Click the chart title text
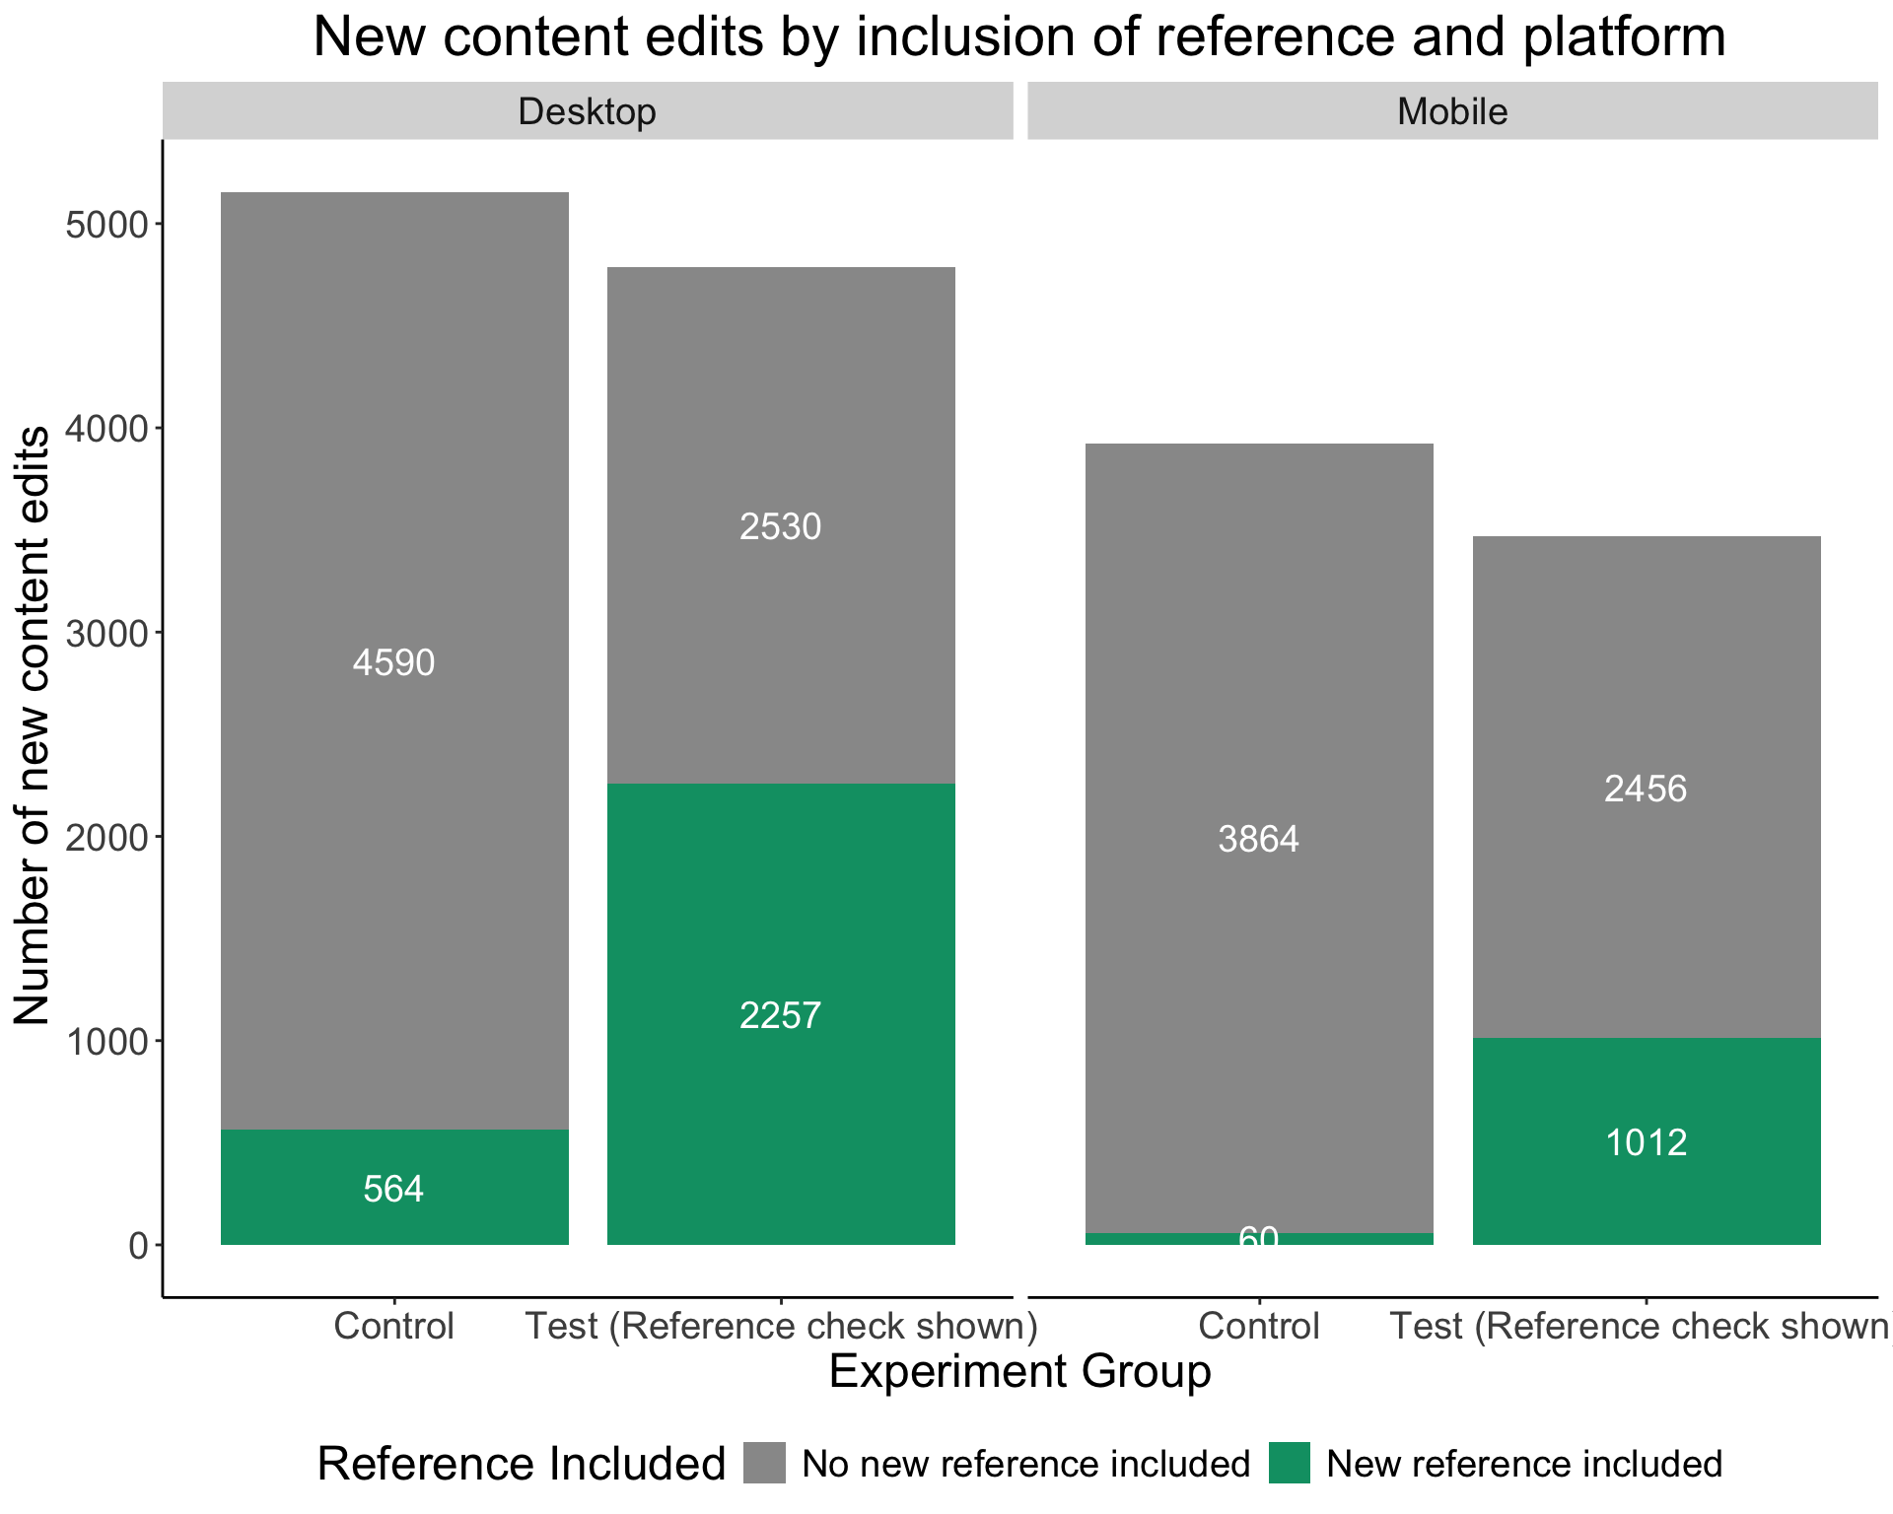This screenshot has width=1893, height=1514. (x=1019, y=37)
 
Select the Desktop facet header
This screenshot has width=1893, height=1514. (x=587, y=111)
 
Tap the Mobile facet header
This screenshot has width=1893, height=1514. (x=1452, y=111)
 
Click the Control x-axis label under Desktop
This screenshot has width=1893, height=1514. (x=394, y=1327)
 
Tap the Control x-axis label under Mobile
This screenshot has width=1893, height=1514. (x=1259, y=1327)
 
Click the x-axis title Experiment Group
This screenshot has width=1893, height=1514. (x=1019, y=1372)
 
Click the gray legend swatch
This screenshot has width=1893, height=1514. (x=765, y=1464)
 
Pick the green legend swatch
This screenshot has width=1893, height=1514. (x=1290, y=1464)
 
